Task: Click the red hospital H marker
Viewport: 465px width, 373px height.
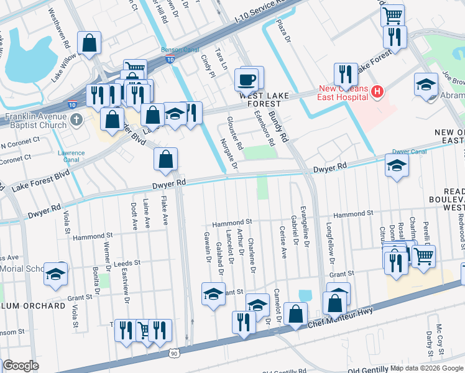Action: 376,93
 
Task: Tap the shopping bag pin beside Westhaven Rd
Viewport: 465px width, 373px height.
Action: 90,44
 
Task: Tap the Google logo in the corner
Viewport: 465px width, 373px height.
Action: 21,366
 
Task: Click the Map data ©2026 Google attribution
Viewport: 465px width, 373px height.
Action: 426,368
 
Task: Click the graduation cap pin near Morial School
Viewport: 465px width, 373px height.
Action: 56,274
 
